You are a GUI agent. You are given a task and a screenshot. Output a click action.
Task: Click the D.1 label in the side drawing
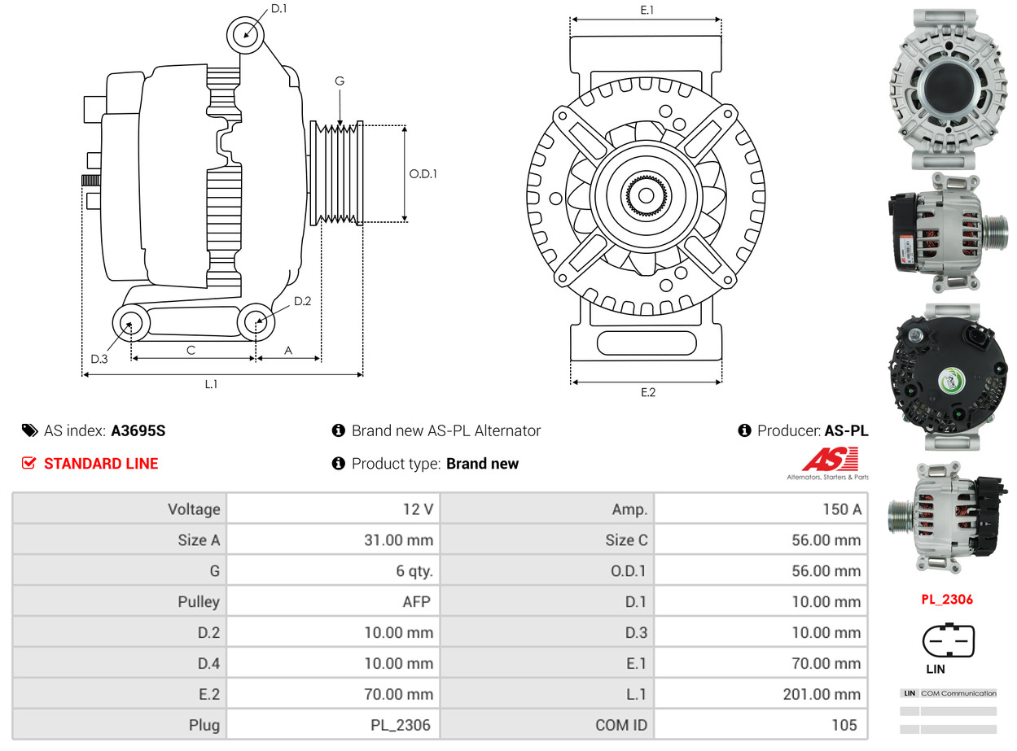click(278, 9)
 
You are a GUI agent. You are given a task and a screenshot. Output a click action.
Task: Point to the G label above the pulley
click(340, 81)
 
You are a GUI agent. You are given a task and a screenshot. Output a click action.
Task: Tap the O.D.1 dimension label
click(423, 173)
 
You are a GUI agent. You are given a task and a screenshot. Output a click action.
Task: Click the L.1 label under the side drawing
click(211, 384)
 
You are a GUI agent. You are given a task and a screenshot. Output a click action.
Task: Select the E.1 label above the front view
click(647, 10)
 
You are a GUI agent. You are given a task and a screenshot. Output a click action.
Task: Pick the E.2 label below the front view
click(647, 392)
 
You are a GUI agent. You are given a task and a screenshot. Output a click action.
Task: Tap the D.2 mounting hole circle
click(256, 322)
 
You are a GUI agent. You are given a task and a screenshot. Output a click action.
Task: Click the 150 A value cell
click(842, 509)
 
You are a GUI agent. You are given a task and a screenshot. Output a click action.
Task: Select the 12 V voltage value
click(417, 509)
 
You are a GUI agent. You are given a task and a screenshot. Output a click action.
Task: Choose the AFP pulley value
click(415, 602)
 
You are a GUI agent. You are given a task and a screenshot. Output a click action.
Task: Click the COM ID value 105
click(844, 725)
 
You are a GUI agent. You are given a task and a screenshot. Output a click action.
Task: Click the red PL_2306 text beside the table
click(947, 600)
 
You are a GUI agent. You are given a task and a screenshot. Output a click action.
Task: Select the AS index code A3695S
click(138, 430)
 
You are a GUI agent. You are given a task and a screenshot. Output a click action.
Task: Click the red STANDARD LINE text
click(101, 464)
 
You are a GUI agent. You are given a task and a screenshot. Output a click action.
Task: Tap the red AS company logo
click(830, 461)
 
